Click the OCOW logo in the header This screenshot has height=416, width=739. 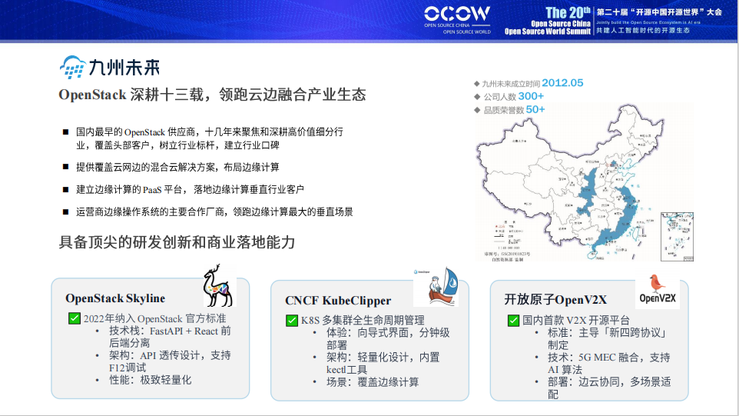coord(457,14)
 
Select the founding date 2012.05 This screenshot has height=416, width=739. coord(562,83)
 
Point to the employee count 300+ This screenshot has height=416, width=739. coord(530,96)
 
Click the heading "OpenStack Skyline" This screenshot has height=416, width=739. coord(115,298)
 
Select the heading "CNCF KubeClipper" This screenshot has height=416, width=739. coord(338,301)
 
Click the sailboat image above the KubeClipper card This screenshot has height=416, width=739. coord(436,288)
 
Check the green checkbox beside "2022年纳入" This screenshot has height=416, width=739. coord(75,318)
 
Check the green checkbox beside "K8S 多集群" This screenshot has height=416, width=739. coord(292,320)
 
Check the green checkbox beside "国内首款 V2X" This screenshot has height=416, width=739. coord(513,320)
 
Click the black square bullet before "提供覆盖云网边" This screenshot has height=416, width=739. coord(66,166)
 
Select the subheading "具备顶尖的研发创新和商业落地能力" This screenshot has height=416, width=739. coord(177,242)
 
